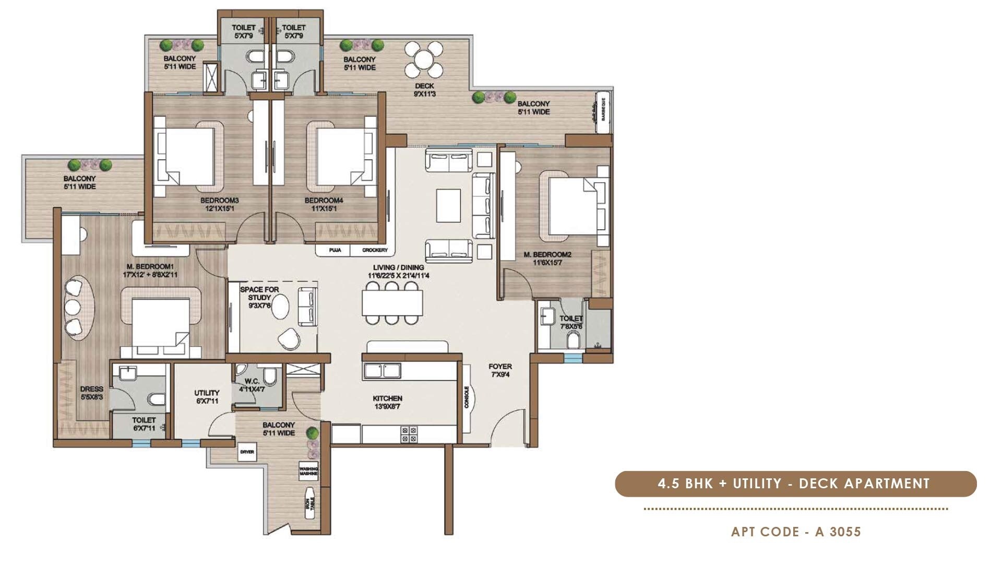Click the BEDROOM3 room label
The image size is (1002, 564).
click(x=219, y=204)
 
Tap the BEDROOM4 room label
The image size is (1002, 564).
click(x=324, y=204)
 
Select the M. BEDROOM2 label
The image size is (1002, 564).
click(x=547, y=258)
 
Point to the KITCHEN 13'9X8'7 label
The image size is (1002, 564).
click(x=387, y=402)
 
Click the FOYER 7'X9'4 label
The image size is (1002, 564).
click(x=500, y=370)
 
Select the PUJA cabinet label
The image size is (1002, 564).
click(x=335, y=250)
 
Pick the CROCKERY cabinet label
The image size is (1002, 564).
click(x=375, y=250)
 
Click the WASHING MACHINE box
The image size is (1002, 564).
click(x=308, y=471)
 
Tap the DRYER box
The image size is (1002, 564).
click(x=247, y=452)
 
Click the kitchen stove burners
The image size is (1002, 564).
click(x=409, y=434)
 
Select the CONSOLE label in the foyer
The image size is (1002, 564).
click(x=467, y=397)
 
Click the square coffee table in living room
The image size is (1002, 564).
click(x=448, y=205)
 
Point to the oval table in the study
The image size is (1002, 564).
click(x=281, y=307)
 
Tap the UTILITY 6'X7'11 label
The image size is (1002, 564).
click(x=207, y=397)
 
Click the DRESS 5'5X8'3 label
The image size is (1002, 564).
click(x=92, y=393)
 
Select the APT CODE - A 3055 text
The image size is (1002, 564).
click(x=796, y=532)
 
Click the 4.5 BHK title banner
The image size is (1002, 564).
click(x=795, y=484)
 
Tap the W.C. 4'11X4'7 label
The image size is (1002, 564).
click(x=252, y=385)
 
